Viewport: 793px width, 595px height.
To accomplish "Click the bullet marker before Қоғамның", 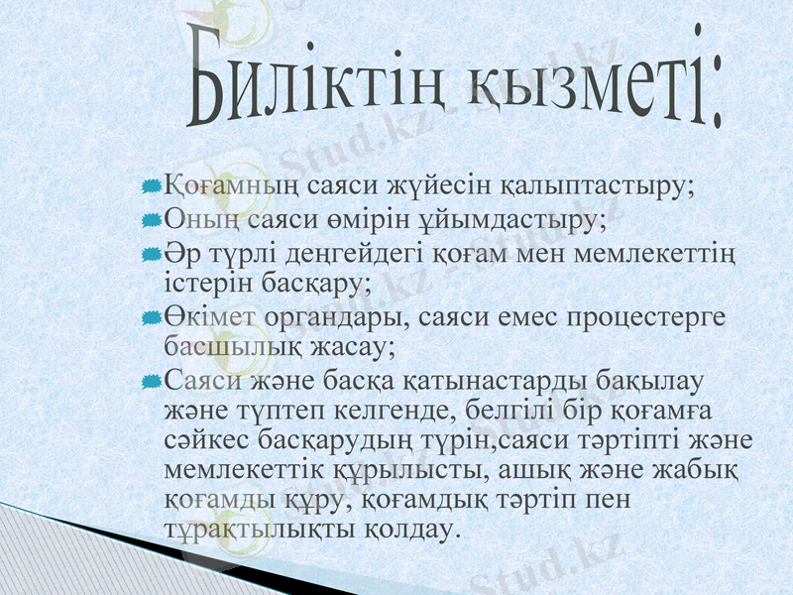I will [151, 186].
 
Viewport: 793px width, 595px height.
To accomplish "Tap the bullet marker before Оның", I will [151, 218].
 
